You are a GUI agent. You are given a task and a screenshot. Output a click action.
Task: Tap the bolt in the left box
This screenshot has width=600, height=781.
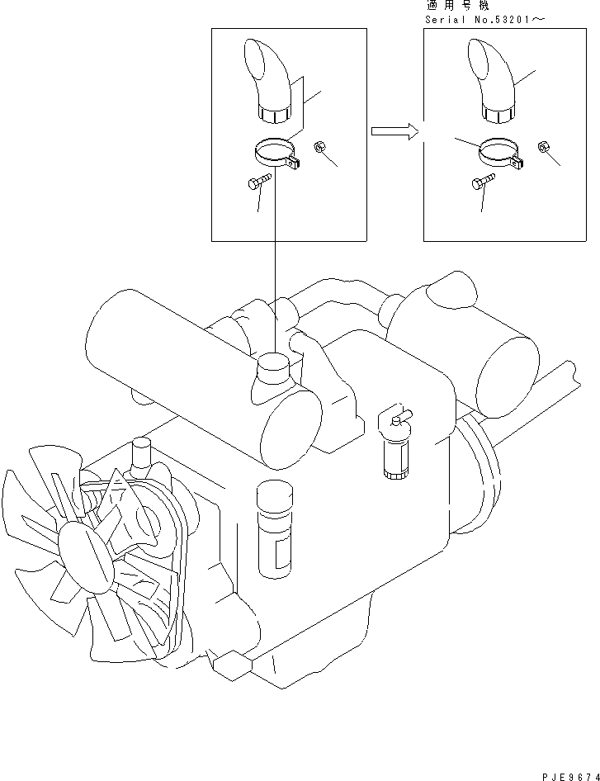(x=259, y=181)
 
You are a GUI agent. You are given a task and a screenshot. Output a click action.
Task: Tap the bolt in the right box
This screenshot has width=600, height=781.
(x=483, y=181)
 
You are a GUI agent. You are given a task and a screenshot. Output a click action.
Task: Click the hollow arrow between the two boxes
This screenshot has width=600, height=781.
(x=394, y=131)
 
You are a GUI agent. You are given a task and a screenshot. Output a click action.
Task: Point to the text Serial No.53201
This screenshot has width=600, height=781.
(x=478, y=20)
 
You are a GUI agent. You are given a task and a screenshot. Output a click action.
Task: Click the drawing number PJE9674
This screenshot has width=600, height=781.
(x=570, y=777)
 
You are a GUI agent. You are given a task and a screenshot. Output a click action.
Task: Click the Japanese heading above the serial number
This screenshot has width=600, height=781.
(x=458, y=6)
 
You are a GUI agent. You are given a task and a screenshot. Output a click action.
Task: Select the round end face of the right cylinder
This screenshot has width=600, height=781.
(x=508, y=377)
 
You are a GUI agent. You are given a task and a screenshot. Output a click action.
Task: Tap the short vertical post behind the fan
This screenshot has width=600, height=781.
(x=141, y=452)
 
